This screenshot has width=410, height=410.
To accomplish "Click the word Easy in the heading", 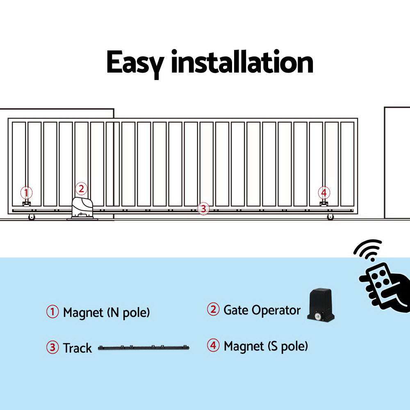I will coord(135,62).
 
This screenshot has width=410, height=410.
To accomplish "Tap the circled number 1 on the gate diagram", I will coord(26,192).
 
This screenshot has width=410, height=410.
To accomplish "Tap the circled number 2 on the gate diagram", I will coord(81,189).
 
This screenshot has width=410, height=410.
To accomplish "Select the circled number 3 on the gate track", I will coord(203,208).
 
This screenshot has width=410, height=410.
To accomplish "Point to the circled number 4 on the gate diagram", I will coord(324,192).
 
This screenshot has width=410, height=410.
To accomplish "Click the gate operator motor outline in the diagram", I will coord(83,207).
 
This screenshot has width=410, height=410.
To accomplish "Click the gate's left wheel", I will coord(31,217).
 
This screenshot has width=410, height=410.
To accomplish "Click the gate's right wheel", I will coord(330,217).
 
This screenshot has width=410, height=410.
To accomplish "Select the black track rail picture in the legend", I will coord(144,348).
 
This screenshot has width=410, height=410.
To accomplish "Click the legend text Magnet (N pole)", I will coord(106,313).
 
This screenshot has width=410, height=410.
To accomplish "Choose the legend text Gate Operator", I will coord(262,310).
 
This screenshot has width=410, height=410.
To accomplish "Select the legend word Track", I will coord(77,348).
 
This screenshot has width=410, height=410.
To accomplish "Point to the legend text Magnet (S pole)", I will coord(265,346).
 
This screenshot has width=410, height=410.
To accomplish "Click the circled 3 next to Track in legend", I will coord(52,348).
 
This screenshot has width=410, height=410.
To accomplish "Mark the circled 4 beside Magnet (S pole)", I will coord(213,346).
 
